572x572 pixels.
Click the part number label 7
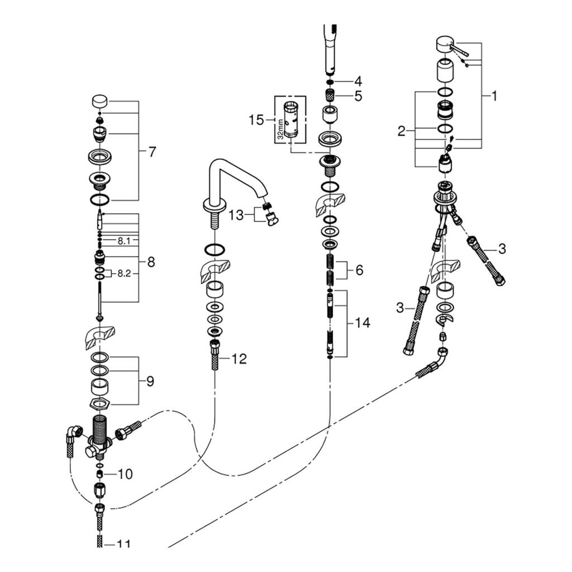(x=152, y=151)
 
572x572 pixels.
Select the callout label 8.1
(x=123, y=241)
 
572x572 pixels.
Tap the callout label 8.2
(x=123, y=274)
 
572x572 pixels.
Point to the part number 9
(x=150, y=382)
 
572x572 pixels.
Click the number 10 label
(x=125, y=474)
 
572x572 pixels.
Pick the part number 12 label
(x=239, y=359)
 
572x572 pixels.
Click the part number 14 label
(x=362, y=323)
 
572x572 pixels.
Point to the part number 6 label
(x=359, y=270)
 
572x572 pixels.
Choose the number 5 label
(x=357, y=96)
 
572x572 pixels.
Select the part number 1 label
(x=494, y=96)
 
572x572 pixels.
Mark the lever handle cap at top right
(x=445, y=44)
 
